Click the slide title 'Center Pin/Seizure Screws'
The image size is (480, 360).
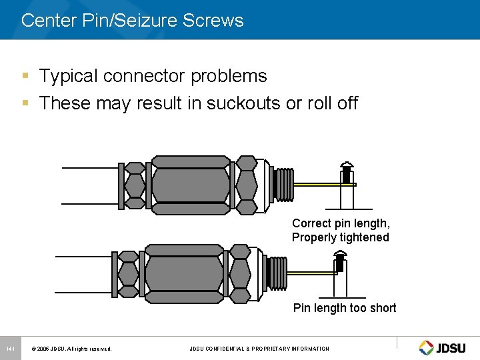[x=132, y=20]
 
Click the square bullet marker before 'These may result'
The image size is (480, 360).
[x=25, y=103]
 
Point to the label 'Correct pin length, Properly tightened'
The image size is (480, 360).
[x=341, y=230]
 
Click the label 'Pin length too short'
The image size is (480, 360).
[x=345, y=307]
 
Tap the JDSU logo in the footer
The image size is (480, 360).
[x=443, y=347]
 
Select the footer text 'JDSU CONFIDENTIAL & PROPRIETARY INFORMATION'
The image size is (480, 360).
[x=259, y=349]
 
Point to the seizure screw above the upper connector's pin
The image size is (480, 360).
[x=347, y=172]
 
